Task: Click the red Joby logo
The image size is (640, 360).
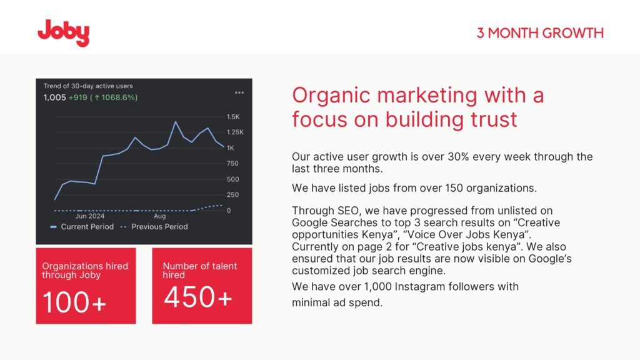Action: coord(63,32)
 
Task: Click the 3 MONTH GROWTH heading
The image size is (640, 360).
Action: coord(540,33)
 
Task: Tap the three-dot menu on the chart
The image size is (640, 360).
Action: coord(239,92)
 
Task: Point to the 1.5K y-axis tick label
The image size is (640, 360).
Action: coord(233,117)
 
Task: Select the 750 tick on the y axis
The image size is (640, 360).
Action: coord(232,164)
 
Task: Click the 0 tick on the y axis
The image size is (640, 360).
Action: coord(229,211)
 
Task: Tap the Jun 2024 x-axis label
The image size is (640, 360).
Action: coord(90,216)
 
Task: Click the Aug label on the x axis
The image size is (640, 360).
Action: coord(159,216)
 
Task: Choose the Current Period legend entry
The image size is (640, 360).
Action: coord(82,226)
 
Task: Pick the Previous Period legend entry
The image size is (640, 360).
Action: coord(154,226)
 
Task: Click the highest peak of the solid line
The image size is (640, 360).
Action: coord(176,122)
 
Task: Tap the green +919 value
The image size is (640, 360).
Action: coord(77,97)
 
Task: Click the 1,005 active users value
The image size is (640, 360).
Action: coord(55,97)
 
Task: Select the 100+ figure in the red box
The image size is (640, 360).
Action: coord(74,302)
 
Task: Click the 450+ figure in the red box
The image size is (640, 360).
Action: coord(198,297)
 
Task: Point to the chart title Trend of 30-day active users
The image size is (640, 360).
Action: coord(88,86)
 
